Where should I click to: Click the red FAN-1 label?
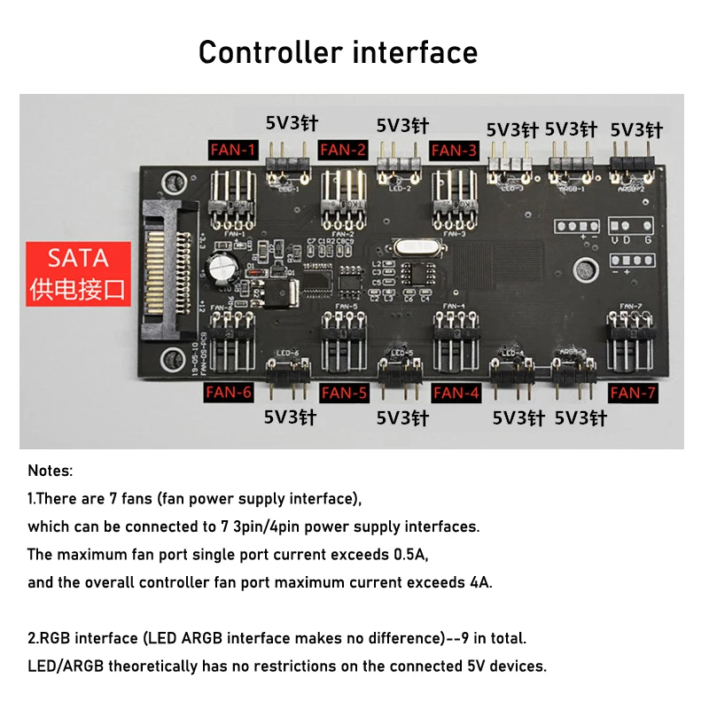pyautogui.click(x=233, y=150)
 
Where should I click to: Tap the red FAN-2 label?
pyautogui.click(x=343, y=150)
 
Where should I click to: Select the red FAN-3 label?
pyautogui.click(x=454, y=150)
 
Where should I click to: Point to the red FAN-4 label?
pyautogui.click(x=456, y=392)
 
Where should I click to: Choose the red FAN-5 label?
pyautogui.click(x=344, y=392)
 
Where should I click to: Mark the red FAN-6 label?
pyautogui.click(x=229, y=392)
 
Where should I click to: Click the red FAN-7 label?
pyautogui.click(x=634, y=392)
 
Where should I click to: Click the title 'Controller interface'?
pyautogui.click(x=338, y=52)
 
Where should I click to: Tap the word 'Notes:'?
pyautogui.click(x=51, y=471)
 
